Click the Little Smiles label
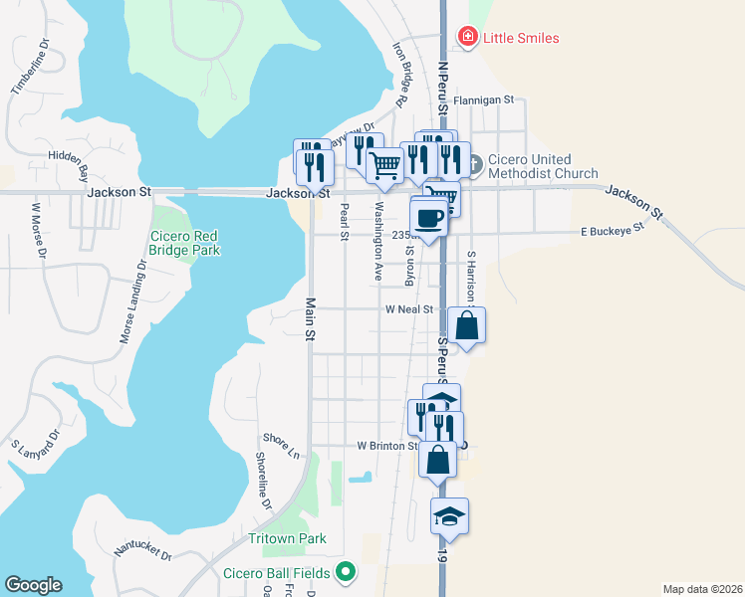coord(521,38)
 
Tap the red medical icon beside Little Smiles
coord(466,38)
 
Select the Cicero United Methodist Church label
coord(536,167)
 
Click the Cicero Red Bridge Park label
coord(184,244)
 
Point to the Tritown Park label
coord(287,538)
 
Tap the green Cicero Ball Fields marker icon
coord(346,571)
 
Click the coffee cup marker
coord(429,218)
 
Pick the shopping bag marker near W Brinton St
coord(436,460)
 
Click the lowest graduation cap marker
coord(449,515)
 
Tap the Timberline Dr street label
coord(29,71)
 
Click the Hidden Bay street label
coord(69,164)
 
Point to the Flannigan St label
coord(483,100)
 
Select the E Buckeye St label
coord(614,231)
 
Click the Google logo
coord(33,585)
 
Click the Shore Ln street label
coord(281,445)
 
